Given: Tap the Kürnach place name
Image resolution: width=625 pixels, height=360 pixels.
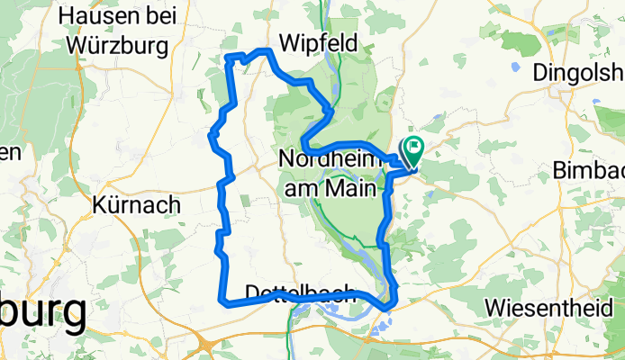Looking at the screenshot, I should [x=135, y=204].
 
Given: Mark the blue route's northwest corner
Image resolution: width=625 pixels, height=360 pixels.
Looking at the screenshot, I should [x=227, y=59].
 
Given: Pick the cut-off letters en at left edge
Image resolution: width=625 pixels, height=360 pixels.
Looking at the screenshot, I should [x=8, y=153].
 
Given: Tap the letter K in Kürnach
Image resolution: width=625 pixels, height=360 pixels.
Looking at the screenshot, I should [x=100, y=204].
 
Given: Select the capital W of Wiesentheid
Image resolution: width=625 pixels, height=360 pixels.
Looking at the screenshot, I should [x=494, y=307].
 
